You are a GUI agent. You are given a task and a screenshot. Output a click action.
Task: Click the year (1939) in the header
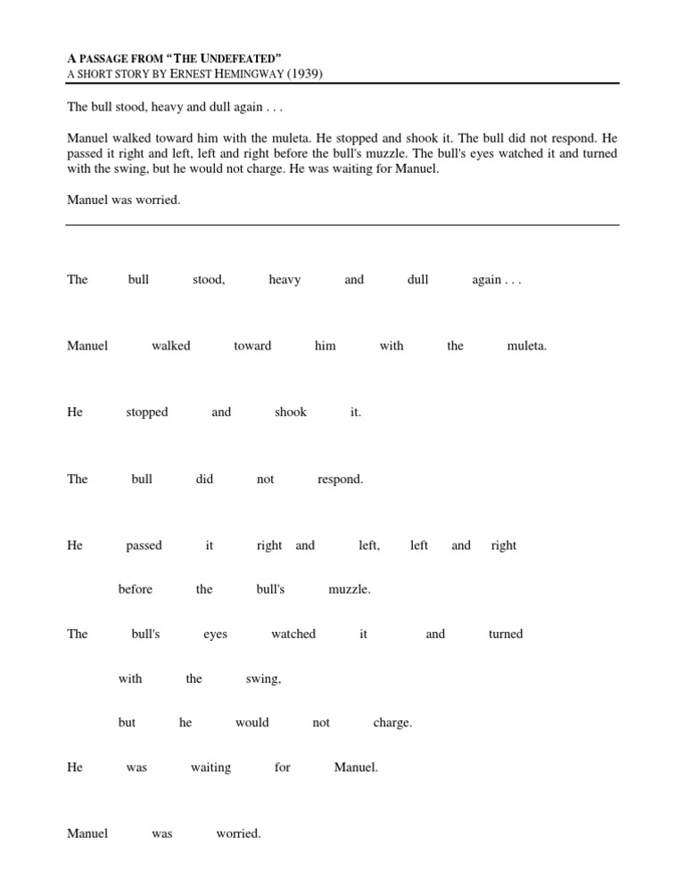(304, 73)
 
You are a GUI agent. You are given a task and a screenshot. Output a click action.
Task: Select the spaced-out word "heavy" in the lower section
(285, 280)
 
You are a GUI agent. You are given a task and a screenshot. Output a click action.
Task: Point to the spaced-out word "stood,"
(209, 280)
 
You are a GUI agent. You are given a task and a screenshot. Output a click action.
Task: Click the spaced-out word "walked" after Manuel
(171, 346)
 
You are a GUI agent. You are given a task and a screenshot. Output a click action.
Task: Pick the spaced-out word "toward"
(252, 346)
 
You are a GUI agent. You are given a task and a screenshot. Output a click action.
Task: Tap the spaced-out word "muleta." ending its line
(526, 346)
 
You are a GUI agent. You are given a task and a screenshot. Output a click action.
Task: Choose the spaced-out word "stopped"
(147, 413)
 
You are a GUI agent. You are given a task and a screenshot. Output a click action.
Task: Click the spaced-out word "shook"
(291, 413)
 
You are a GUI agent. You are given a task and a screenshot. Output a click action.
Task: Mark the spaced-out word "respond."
(341, 480)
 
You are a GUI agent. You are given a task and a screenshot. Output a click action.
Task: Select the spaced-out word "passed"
(144, 546)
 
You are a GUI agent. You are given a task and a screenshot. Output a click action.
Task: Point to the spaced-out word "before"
(136, 589)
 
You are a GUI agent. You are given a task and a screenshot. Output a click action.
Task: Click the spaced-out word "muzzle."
(350, 589)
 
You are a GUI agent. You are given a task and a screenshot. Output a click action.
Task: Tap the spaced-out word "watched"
(293, 635)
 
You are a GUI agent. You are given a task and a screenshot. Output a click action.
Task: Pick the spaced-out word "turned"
(506, 635)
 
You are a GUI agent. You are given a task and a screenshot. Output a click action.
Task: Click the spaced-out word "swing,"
(263, 679)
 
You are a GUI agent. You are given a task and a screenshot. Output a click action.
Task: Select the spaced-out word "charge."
(392, 723)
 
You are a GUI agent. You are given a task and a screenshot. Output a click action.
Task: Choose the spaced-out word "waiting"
(210, 767)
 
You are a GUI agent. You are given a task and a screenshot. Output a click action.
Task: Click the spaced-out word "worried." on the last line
(238, 834)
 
